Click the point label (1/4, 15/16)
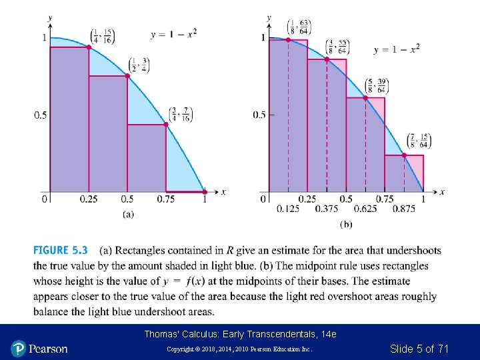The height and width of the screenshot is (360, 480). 102,36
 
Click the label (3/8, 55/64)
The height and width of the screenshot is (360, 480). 337,47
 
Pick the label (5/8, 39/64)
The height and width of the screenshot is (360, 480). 377,86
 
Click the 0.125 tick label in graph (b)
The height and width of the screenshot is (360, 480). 288,209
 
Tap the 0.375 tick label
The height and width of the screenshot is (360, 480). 327,209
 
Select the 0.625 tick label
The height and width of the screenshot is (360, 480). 365,209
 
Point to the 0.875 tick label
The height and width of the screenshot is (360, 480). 404,209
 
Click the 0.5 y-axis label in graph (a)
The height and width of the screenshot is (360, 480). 41,115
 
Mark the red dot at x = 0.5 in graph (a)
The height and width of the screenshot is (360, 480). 127,76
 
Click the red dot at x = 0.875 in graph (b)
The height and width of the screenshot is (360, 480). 404,155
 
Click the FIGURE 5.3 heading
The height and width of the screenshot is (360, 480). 60,251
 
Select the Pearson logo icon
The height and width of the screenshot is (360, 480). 18,348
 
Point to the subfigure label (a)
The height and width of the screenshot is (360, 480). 128,214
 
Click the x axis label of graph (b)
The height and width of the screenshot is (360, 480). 442,192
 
